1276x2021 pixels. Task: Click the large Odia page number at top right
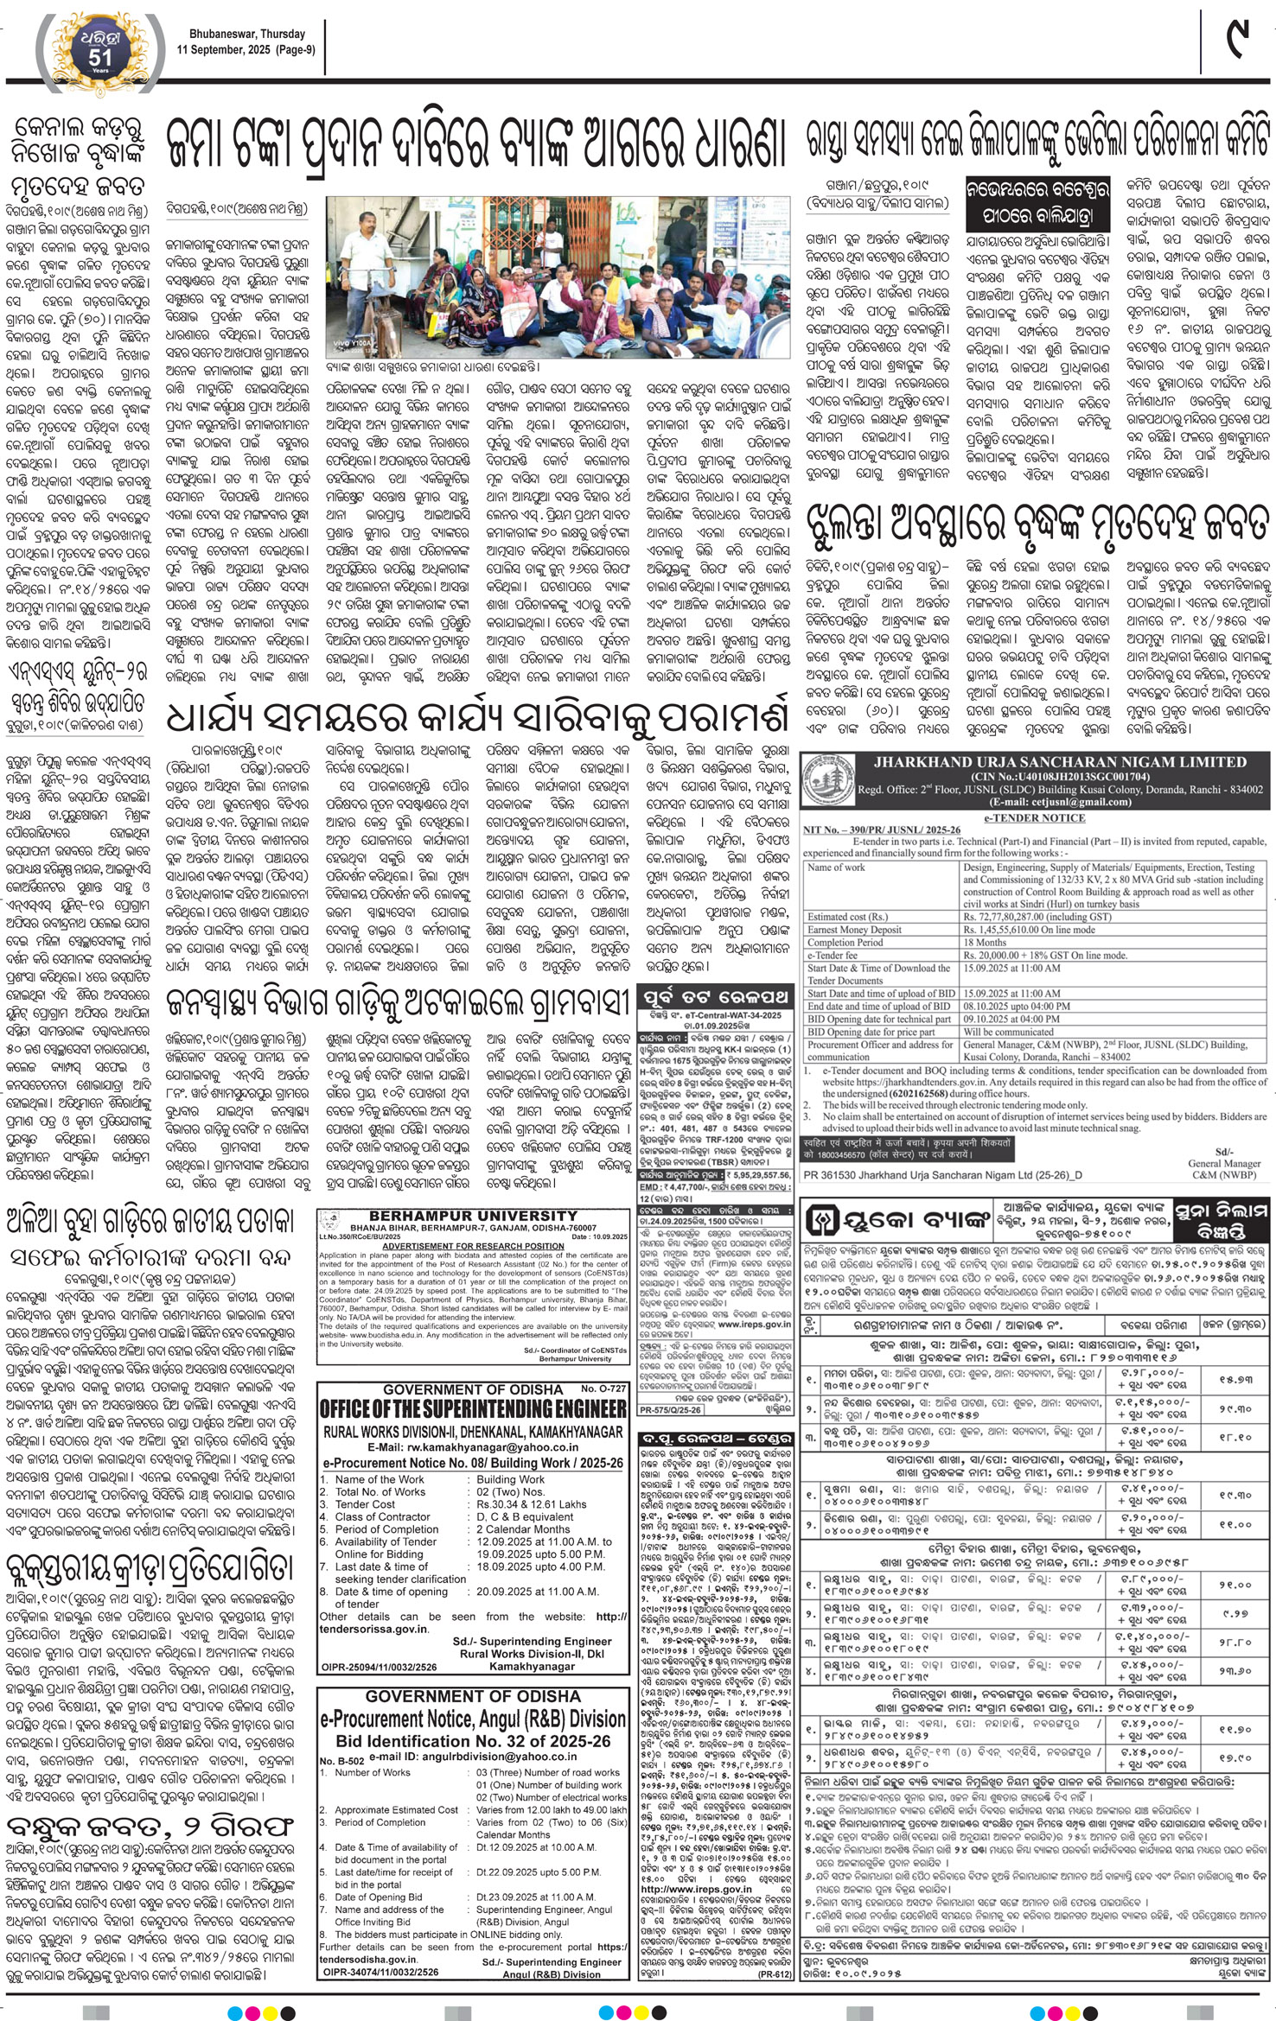tap(1238, 40)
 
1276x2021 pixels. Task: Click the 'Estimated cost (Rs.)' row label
tap(847, 917)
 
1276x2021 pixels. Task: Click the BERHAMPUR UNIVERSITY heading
tap(473, 1216)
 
